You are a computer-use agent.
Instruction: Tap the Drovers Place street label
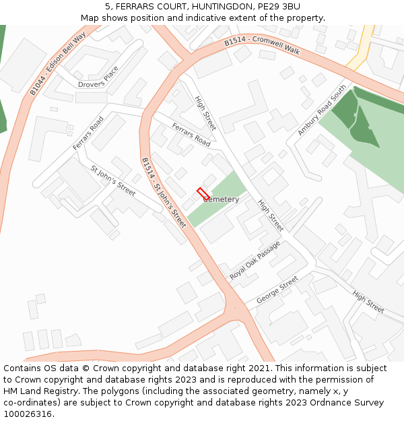[x=98, y=78]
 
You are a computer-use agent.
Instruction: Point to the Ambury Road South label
[x=322, y=110]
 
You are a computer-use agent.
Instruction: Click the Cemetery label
[x=221, y=199]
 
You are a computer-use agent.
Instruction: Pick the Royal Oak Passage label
[x=255, y=261]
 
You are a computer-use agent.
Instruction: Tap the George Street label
[x=277, y=290]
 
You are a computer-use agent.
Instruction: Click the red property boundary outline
[x=202, y=193]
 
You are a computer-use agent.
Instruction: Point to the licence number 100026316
[x=28, y=414]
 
